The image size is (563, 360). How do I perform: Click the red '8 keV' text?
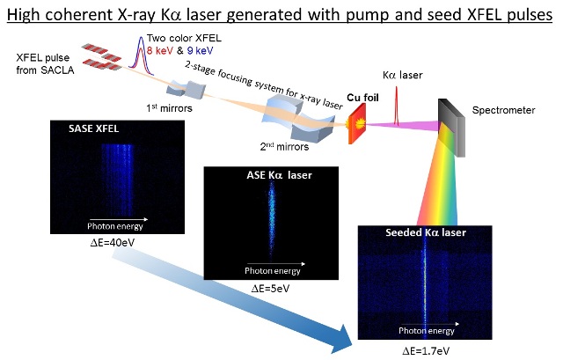coord(160,50)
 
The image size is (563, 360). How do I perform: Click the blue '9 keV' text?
coord(200,50)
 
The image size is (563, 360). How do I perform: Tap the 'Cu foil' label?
coord(362,98)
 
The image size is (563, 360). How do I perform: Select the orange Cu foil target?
coord(357,124)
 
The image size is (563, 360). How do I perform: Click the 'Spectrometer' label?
coord(503,110)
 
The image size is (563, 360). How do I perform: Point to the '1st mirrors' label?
coord(169,108)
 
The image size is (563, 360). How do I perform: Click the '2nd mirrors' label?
coord(284,147)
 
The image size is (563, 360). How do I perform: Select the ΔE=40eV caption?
coord(113,243)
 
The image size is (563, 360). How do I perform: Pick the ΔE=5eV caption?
coord(270,289)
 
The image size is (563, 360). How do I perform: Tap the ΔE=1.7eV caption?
coord(426,351)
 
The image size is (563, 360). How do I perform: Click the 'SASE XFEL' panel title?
coord(94,129)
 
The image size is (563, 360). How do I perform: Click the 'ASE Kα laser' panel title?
coord(280,175)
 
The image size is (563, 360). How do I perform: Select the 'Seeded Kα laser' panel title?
coord(426,232)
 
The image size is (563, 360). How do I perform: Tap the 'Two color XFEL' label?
coord(184,38)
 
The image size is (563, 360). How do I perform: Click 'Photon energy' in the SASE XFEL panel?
coord(115,226)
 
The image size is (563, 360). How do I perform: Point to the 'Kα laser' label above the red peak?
coord(402,75)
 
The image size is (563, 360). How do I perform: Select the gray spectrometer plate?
coord(451,128)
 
